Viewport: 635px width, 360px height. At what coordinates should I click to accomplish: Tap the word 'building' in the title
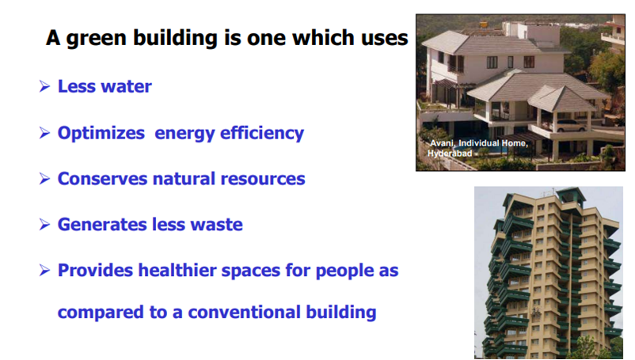point(175,39)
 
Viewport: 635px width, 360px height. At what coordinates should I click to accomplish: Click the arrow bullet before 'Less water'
point(44,86)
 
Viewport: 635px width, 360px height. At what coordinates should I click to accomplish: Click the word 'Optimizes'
point(101,133)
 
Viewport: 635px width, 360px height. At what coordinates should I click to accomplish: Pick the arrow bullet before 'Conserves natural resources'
point(44,179)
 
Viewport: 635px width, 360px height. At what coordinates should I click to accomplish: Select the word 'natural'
point(184,179)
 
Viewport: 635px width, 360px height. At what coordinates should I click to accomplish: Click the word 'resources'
point(262,179)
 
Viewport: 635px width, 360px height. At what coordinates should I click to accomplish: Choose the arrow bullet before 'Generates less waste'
point(44,225)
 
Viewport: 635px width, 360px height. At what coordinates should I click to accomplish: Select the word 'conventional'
point(244,313)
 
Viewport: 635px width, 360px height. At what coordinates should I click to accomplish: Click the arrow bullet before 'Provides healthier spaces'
point(44,271)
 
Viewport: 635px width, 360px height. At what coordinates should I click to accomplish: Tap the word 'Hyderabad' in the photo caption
point(450,153)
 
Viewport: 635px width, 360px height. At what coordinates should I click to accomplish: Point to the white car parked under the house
point(571,125)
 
